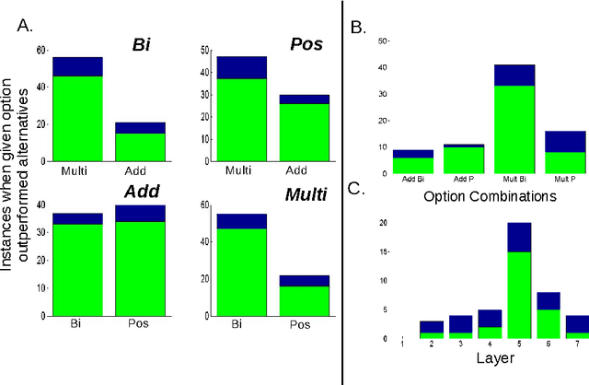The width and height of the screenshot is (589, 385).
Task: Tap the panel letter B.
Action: [361, 27]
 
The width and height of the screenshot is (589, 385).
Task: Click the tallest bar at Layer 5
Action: [519, 286]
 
